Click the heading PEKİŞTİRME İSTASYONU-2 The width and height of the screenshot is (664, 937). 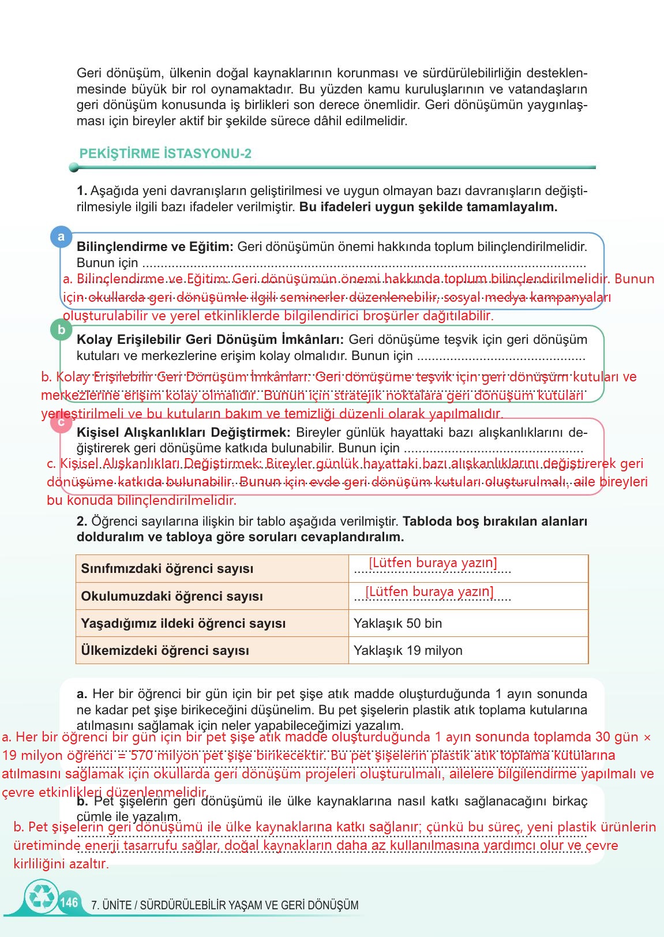pyautogui.click(x=165, y=154)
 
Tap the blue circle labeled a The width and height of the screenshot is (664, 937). pyautogui.click(x=61, y=237)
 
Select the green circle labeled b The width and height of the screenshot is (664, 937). pyautogui.click(x=61, y=330)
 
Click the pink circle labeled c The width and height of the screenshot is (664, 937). pyautogui.click(x=61, y=422)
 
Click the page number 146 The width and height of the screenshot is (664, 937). pyautogui.click(x=69, y=902)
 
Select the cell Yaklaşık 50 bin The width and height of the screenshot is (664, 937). pyautogui.click(x=397, y=623)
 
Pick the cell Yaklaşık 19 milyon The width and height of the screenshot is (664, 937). pyautogui.click(x=408, y=650)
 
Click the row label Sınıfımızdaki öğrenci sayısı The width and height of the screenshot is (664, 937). pyautogui.click(x=167, y=568)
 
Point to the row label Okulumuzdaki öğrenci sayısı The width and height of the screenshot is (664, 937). pyautogui.click(x=171, y=596)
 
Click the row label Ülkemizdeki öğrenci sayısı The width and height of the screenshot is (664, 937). pyautogui.click(x=165, y=650)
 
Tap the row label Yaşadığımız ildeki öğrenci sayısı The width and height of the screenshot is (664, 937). pyautogui.click(x=183, y=623)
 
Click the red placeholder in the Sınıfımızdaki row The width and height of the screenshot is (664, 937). pyautogui.click(x=433, y=563)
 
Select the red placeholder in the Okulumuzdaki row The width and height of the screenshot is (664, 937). pyautogui.click(x=429, y=591)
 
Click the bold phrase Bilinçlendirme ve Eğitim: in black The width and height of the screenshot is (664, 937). pyautogui.click(x=155, y=247)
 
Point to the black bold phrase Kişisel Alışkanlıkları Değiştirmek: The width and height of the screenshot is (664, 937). pyautogui.click(x=183, y=432)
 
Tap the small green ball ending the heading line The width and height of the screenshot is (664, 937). pyautogui.click(x=73, y=167)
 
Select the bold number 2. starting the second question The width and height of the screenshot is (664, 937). pyautogui.click(x=82, y=522)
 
